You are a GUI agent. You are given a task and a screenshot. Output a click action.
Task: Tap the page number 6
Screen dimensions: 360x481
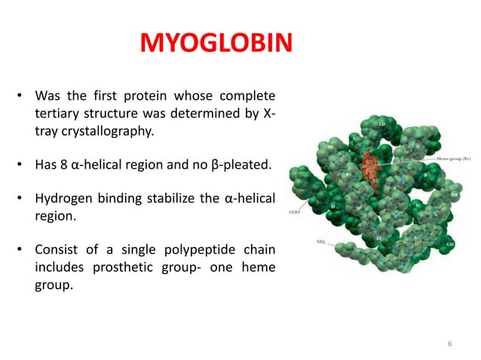pyautogui.click(x=450, y=343)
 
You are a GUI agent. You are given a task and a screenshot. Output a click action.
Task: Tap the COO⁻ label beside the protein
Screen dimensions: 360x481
pyautogui.click(x=296, y=213)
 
